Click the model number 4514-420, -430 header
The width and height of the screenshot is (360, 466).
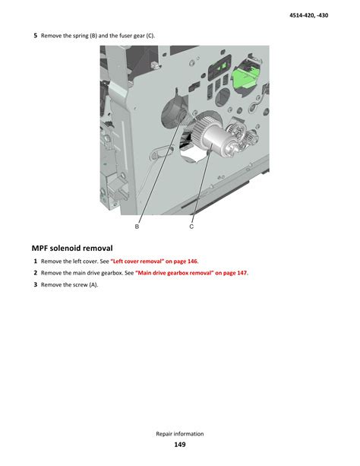308,15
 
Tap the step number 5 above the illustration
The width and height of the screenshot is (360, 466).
36,36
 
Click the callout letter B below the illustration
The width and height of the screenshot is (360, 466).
137,227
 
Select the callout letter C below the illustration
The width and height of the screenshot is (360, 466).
191,227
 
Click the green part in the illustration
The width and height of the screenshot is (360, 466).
244,78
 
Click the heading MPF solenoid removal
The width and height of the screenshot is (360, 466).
72,248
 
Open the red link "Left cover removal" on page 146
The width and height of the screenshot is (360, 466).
154,262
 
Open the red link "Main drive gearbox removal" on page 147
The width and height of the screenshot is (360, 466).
191,273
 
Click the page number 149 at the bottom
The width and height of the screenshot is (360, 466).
180,444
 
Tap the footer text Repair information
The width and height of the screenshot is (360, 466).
180,433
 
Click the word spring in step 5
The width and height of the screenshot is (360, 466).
81,36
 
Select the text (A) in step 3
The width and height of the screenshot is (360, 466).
93,285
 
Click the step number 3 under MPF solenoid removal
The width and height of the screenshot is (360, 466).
36,285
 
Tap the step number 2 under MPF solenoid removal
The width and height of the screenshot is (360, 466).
36,273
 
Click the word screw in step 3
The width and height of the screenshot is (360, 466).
81,285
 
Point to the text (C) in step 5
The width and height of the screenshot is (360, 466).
150,36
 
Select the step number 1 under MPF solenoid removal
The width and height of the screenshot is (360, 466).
36,262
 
